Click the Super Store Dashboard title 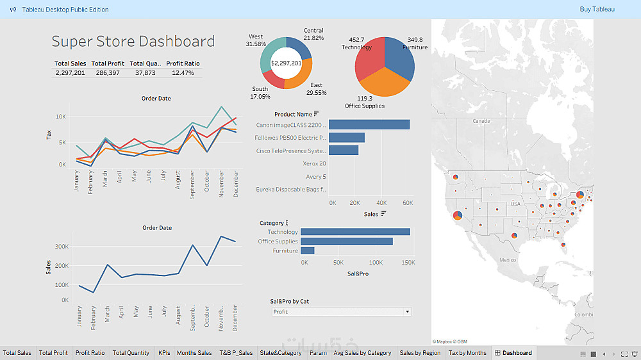click(x=133, y=42)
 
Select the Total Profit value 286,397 click(x=107, y=73)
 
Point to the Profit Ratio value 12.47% click(x=183, y=73)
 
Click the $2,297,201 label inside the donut click(x=286, y=63)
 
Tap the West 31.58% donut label click(x=256, y=40)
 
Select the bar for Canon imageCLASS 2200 click(x=369, y=125)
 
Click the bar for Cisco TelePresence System click(x=344, y=151)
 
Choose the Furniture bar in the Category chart click(x=307, y=251)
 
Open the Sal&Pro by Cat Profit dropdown click(x=340, y=312)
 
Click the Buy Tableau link click(x=597, y=9)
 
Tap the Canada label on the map click(x=481, y=120)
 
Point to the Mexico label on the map click(x=508, y=259)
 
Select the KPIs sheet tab click(x=163, y=353)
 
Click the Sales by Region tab click(x=420, y=353)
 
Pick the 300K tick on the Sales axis click(x=61, y=246)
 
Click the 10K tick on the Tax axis click(x=60, y=117)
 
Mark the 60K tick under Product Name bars click(x=406, y=202)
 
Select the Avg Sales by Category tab click(x=362, y=353)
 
